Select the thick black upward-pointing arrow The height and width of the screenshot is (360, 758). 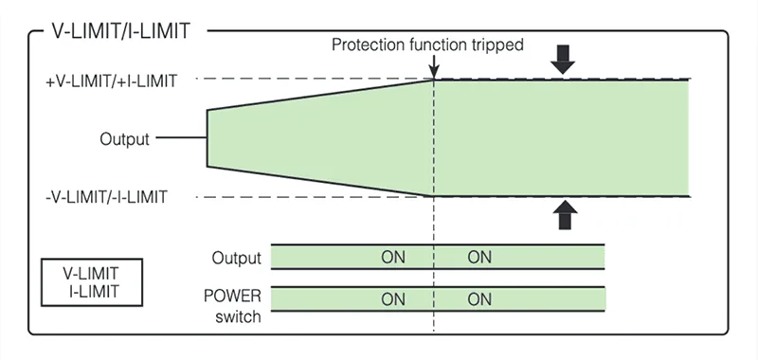(564, 216)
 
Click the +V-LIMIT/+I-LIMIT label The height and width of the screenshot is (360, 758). (111, 81)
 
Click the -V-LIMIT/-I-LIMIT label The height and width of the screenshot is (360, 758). (107, 197)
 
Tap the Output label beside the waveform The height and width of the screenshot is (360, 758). (124, 139)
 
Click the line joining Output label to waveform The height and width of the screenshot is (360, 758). (181, 139)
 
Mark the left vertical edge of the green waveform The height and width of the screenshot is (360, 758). (208, 138)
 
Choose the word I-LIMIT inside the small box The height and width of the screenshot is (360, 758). (93, 291)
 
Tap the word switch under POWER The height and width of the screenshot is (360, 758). (233, 315)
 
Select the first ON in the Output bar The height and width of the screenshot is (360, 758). (393, 257)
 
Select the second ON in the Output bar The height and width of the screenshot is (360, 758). (479, 257)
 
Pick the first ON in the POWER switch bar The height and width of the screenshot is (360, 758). (393, 299)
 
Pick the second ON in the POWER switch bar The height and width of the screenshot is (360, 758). (479, 299)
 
